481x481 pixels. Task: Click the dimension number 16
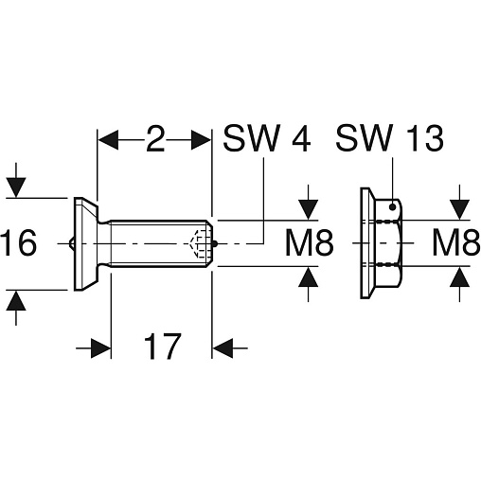pyautogui.click(x=18, y=242)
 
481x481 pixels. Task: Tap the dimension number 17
pyautogui.click(x=163, y=347)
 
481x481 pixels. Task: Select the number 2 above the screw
pyautogui.click(x=155, y=138)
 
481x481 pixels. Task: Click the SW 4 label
pyautogui.click(x=267, y=138)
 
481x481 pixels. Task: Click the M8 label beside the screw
pyautogui.click(x=309, y=243)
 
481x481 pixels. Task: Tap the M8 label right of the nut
pyautogui.click(x=456, y=242)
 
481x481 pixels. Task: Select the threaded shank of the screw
pyautogui.click(x=161, y=243)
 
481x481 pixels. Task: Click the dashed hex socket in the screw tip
pyautogui.click(x=202, y=243)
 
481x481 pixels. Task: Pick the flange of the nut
pyautogui.click(x=366, y=243)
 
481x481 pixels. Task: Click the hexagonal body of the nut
pyautogui.click(x=388, y=243)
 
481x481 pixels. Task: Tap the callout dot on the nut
pyautogui.click(x=393, y=207)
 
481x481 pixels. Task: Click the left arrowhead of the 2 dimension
pyautogui.click(x=108, y=139)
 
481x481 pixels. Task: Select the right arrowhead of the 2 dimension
pyautogui.click(x=201, y=139)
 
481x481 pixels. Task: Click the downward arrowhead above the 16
pyautogui.click(x=16, y=187)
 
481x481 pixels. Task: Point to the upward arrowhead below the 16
pyautogui.click(x=16, y=300)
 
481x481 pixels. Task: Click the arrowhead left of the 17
pyautogui.click(x=101, y=348)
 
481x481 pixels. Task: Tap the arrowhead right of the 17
pyautogui.click(x=223, y=348)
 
